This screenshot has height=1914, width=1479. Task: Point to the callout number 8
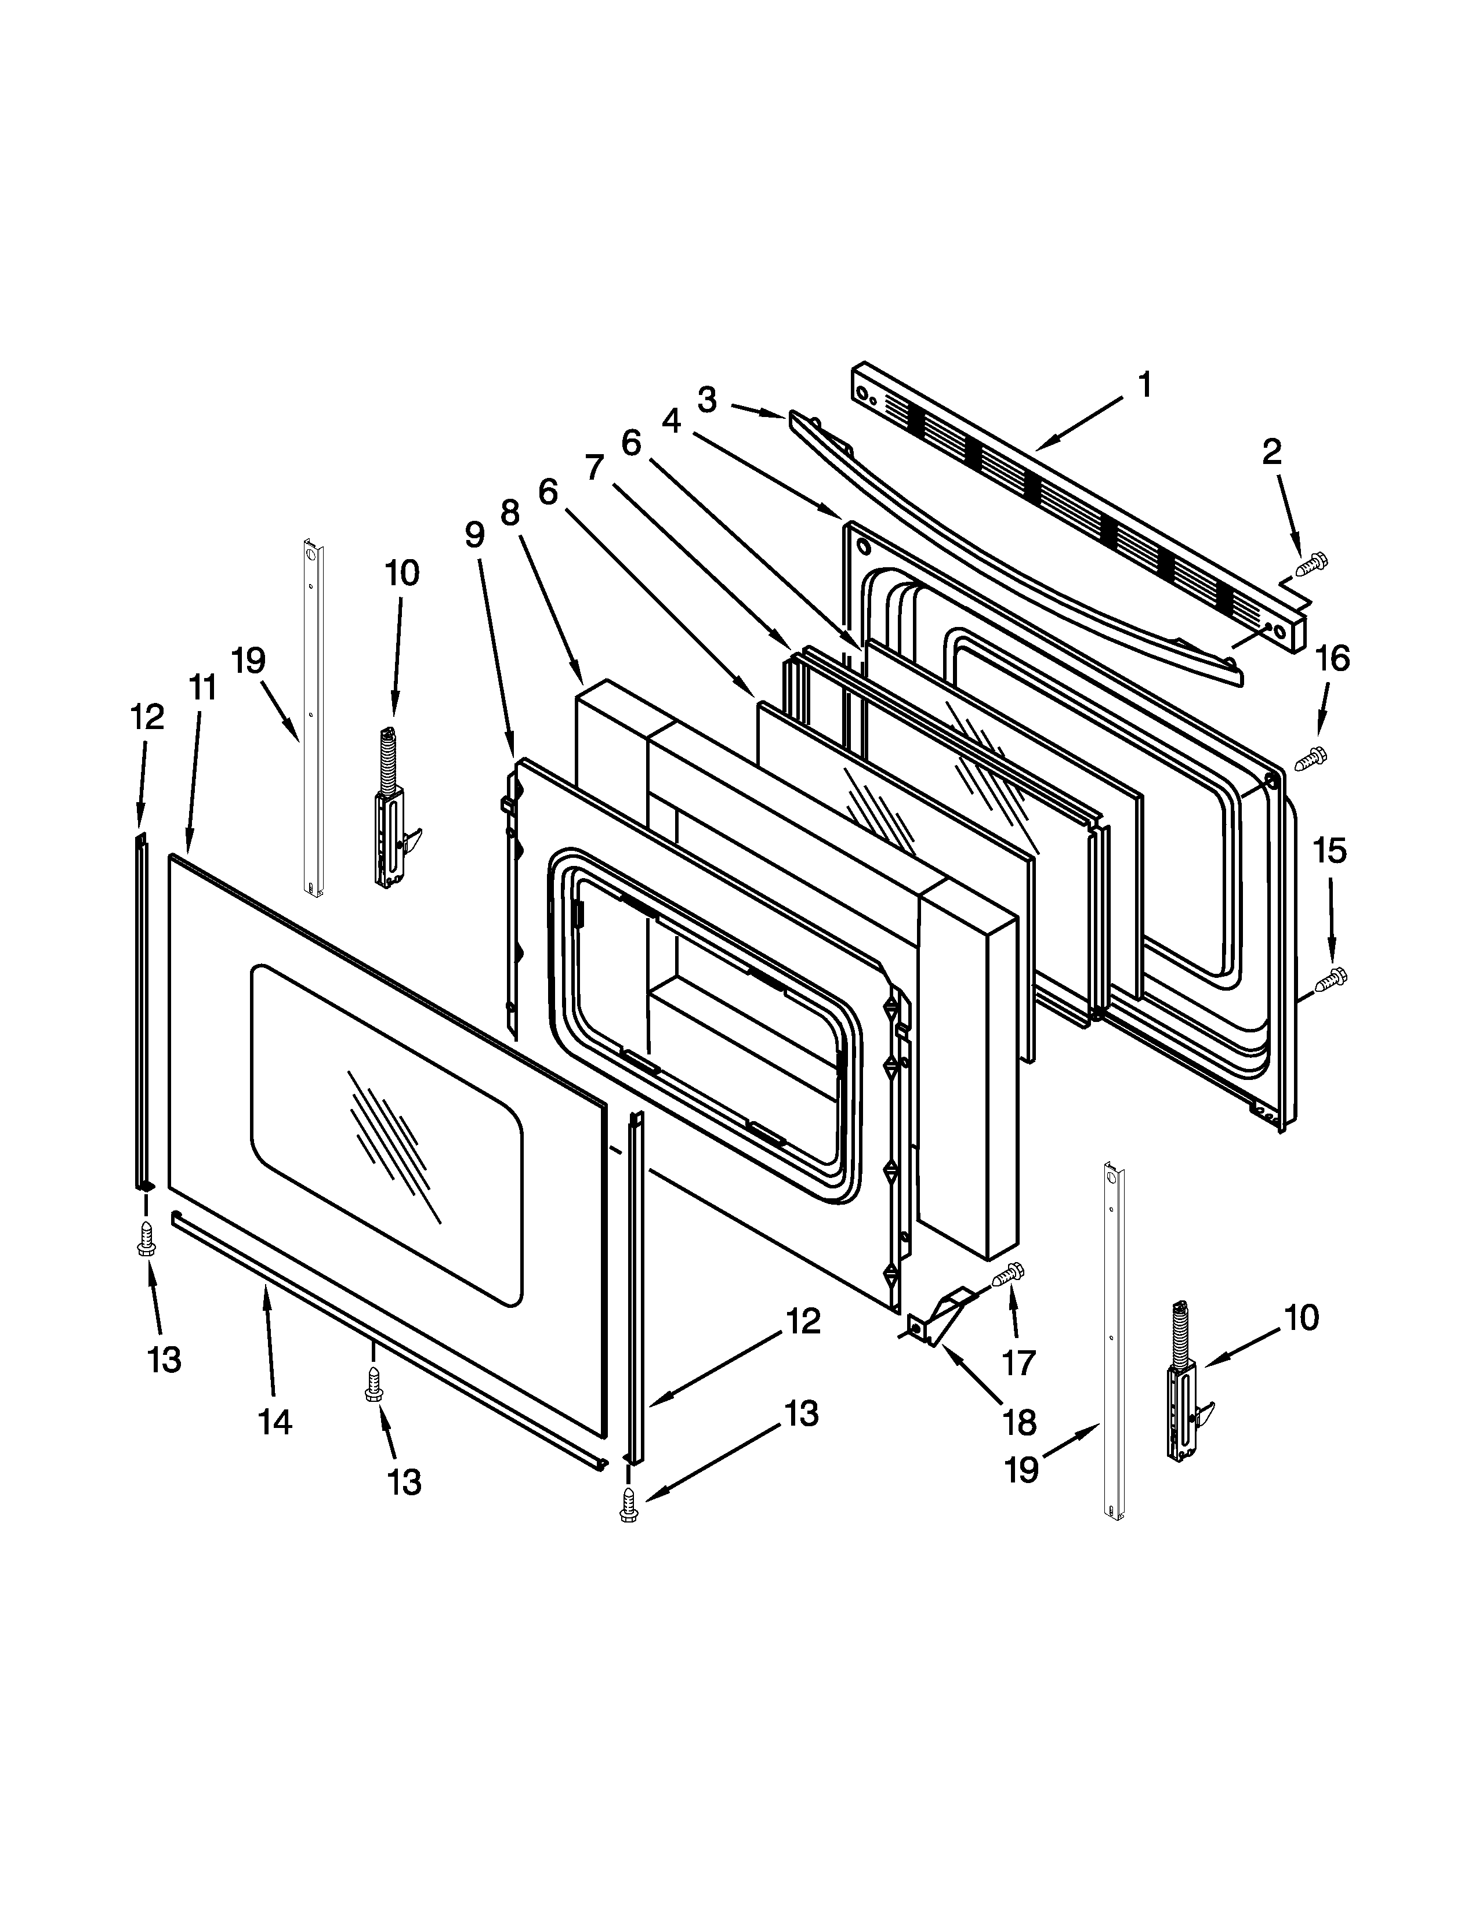510,512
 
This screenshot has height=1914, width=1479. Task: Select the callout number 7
595,467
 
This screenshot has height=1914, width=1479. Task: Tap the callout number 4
671,422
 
